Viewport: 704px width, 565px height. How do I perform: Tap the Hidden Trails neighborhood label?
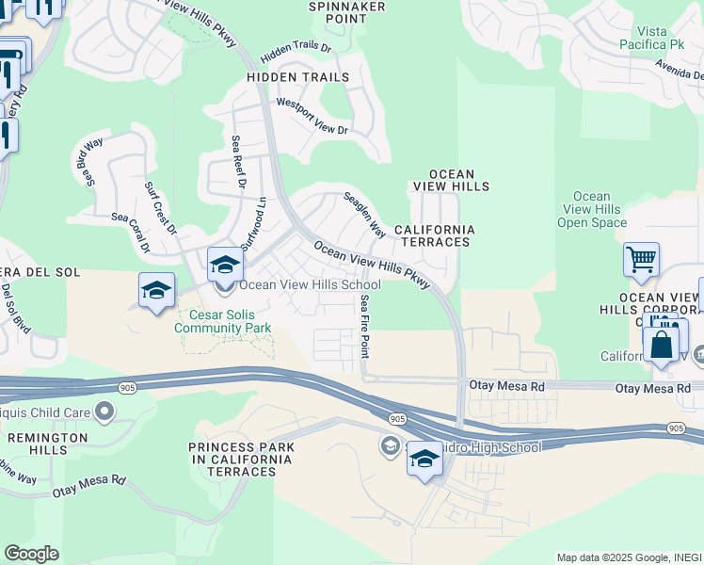[x=297, y=77]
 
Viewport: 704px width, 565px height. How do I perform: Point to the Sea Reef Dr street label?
[x=238, y=162]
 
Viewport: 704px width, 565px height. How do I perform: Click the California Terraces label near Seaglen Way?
[x=434, y=235]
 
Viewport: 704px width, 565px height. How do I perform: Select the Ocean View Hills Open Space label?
[x=591, y=209]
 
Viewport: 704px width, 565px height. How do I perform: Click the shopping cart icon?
[x=641, y=260]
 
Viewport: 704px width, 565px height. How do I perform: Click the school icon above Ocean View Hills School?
[x=225, y=265]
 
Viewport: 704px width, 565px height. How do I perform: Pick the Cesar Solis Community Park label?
[x=223, y=321]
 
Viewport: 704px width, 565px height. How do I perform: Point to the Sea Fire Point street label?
[x=365, y=326]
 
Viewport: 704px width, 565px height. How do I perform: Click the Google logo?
[x=31, y=553]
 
